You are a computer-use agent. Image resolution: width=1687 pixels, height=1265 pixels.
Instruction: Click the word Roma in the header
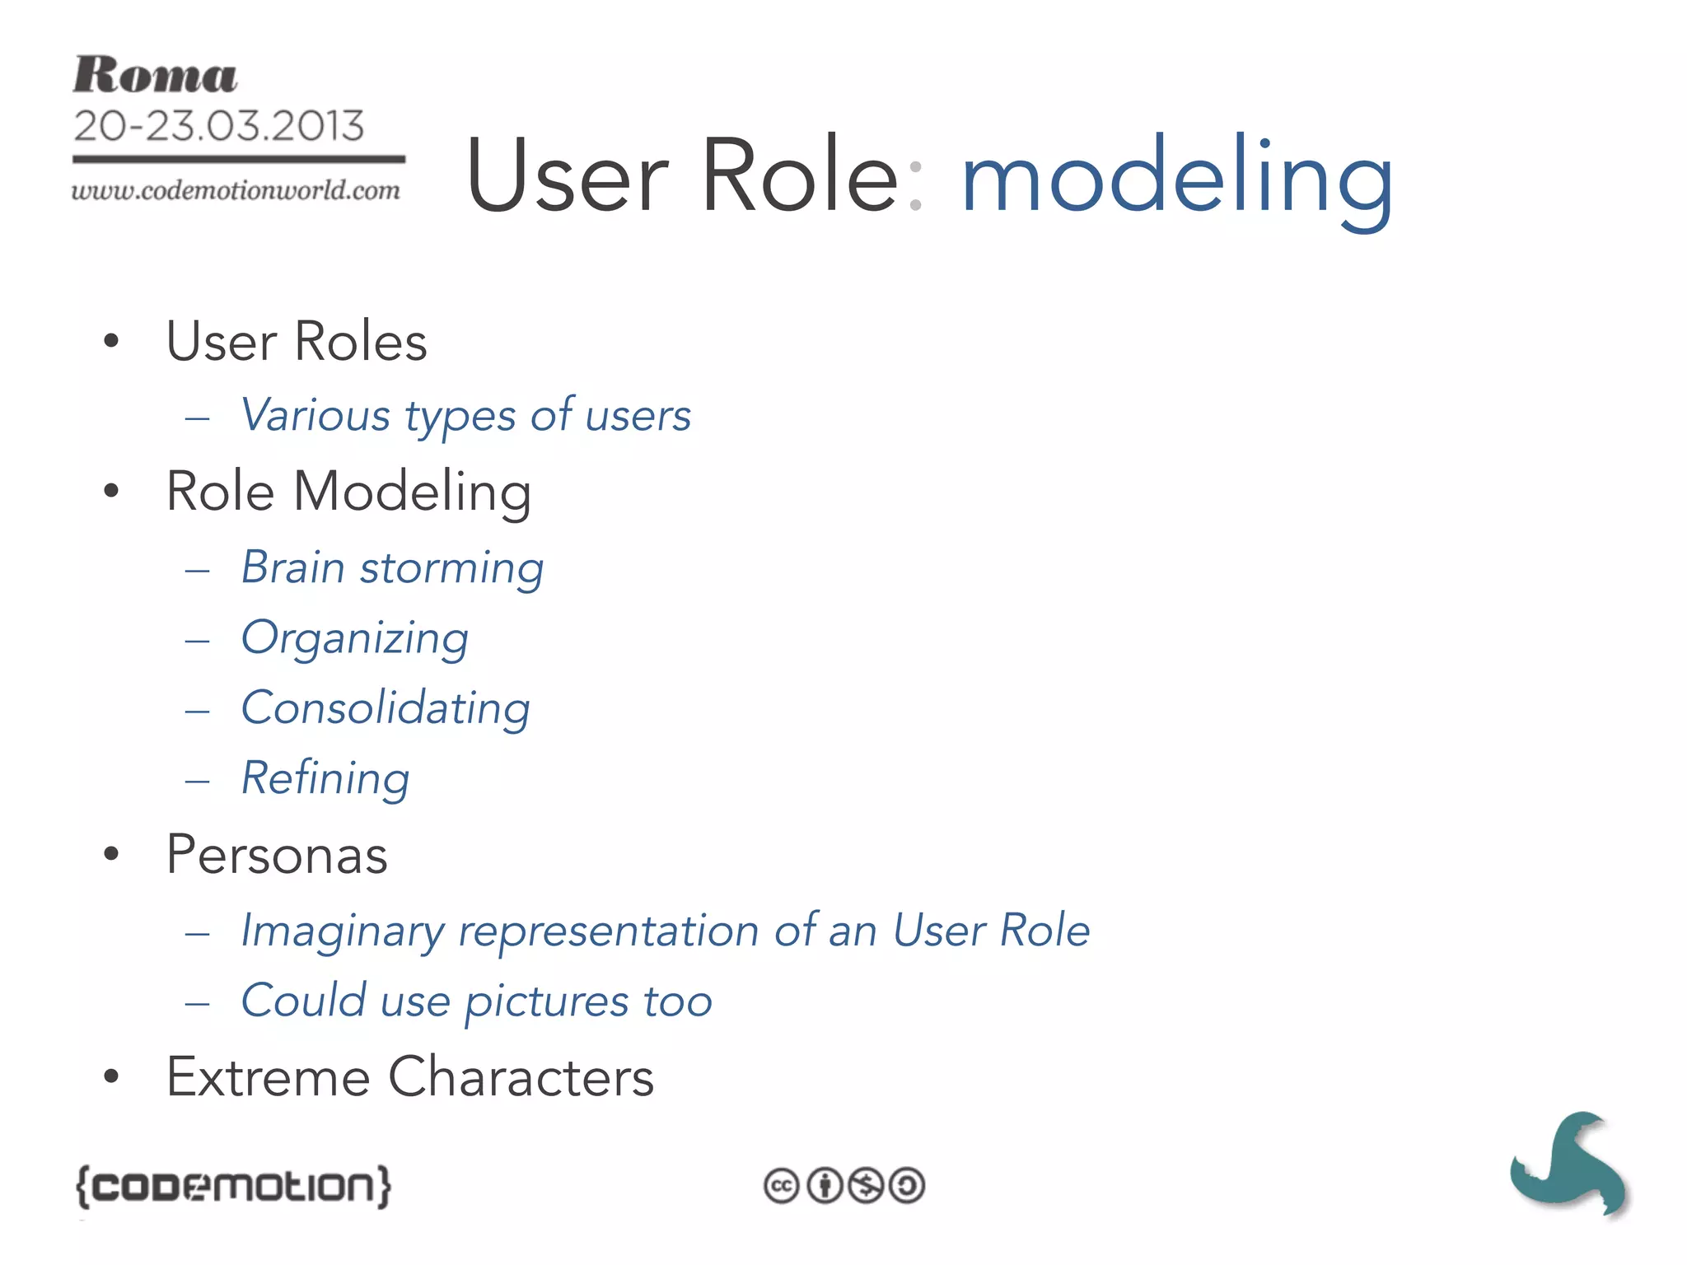click(155, 76)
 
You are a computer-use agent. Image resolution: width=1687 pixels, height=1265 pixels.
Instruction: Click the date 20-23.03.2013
click(219, 126)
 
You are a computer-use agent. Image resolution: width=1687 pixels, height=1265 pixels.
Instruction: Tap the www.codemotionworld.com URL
click(236, 191)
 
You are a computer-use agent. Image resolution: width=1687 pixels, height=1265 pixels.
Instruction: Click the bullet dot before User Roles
click(112, 341)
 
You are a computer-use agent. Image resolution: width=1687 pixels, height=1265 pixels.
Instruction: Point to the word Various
click(315, 414)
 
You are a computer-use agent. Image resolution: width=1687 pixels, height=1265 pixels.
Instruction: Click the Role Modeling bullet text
click(348, 492)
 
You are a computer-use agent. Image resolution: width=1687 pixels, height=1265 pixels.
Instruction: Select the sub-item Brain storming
click(392, 567)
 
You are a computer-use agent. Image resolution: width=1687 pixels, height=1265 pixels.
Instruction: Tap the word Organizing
click(355, 638)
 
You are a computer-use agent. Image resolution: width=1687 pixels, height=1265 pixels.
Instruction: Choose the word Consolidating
click(386, 708)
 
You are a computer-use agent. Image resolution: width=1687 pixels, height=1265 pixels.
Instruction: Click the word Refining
click(325, 778)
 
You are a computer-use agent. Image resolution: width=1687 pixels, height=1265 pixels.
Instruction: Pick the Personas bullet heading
click(277, 855)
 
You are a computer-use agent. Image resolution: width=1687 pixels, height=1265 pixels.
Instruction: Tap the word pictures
click(547, 1002)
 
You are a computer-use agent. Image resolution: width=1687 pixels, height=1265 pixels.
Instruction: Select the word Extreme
click(268, 1077)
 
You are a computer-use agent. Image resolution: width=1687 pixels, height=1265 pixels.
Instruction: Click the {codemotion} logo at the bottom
click(233, 1186)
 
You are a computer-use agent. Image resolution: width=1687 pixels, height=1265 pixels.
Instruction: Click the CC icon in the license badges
click(781, 1186)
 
